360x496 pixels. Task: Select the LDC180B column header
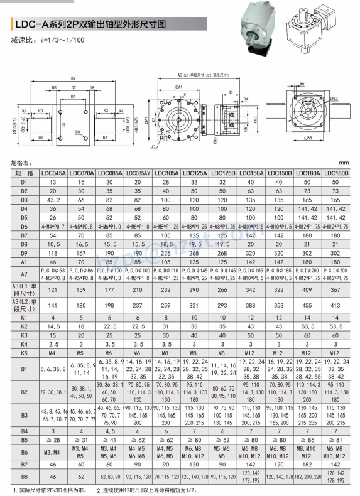pyautogui.click(x=337, y=173)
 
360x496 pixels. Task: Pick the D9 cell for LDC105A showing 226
pyautogui.click(x=167, y=252)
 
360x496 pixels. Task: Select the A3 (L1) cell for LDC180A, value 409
pyautogui.click(x=308, y=289)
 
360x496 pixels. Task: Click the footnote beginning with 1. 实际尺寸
pyautogui.click(x=50, y=490)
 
